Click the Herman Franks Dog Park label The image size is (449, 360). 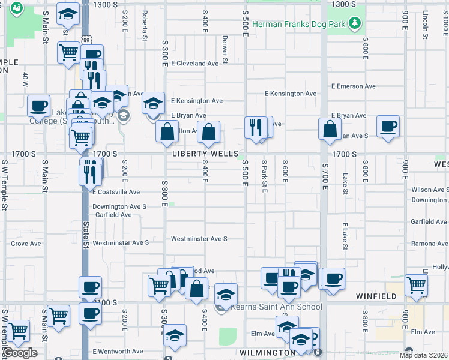tap(299, 25)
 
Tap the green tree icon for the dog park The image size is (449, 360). tap(356, 23)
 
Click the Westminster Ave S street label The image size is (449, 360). tap(199, 239)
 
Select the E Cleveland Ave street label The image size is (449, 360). tap(194, 63)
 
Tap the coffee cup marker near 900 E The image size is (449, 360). tap(388, 127)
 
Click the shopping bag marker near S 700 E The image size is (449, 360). tap(330, 129)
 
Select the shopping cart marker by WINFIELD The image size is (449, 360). tap(416, 286)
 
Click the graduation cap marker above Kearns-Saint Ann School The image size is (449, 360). tap(225, 294)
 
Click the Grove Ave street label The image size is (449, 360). tap(26, 244)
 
